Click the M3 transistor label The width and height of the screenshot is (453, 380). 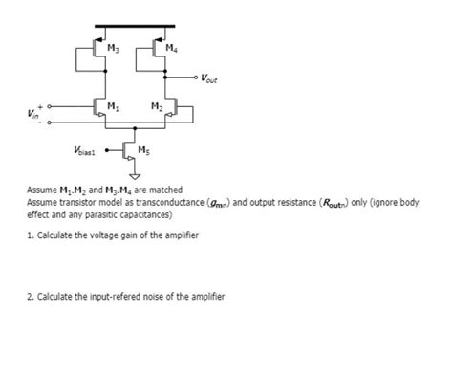coord(113,48)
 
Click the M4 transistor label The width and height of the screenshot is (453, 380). coord(170,48)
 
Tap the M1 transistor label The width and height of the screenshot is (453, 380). coord(113,104)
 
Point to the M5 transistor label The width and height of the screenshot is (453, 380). coord(142,150)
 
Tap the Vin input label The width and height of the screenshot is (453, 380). coord(33,116)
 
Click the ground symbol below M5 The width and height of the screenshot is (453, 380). coord(133,176)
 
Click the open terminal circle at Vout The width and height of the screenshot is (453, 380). coord(196,78)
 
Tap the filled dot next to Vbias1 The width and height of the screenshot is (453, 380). coord(107,149)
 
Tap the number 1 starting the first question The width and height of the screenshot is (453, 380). coord(30,235)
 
